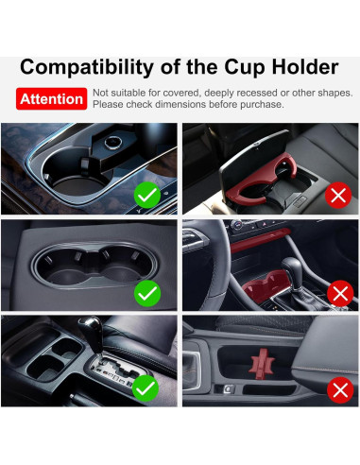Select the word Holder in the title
[x=304, y=67]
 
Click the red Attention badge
[x=51, y=98]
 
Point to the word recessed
[x=267, y=93]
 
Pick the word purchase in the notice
[x=257, y=104]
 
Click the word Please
[x=111, y=104]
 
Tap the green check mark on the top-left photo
[x=147, y=196]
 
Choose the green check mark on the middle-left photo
[x=147, y=293]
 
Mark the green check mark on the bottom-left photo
[x=145, y=387]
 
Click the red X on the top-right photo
[x=337, y=196]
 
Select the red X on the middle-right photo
[x=340, y=293]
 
